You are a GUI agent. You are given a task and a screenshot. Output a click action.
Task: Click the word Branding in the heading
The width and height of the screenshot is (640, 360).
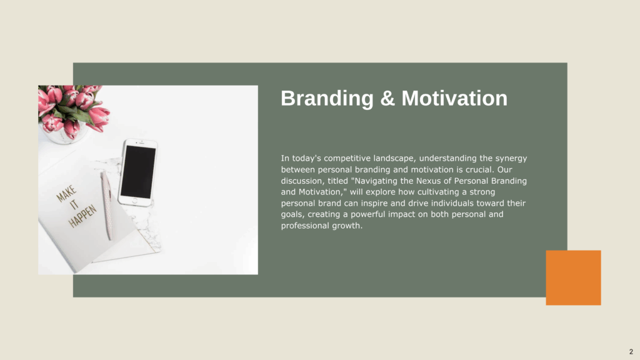[327, 98]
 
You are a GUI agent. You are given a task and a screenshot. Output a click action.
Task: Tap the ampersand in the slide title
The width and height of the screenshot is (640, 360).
[387, 98]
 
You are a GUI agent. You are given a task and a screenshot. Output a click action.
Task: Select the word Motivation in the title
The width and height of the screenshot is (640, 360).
[454, 98]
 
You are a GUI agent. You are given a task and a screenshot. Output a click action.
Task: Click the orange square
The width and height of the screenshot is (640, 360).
[573, 277]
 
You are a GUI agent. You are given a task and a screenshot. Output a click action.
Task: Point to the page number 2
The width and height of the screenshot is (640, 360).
[631, 351]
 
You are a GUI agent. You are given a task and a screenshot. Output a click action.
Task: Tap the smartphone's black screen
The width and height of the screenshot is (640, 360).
[138, 172]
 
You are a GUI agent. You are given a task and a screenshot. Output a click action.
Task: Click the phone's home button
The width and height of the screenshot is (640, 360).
[135, 201]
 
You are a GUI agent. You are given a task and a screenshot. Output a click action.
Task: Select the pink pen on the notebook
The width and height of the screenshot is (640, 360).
[107, 205]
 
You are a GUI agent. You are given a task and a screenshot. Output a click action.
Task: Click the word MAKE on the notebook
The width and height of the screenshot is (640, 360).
[66, 194]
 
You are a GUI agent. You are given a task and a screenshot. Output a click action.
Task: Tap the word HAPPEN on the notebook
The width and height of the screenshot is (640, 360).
[82, 216]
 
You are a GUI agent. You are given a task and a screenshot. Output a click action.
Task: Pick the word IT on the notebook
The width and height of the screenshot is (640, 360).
[74, 204]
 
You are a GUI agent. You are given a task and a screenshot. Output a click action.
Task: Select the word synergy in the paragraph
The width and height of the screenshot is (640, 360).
[511, 158]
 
